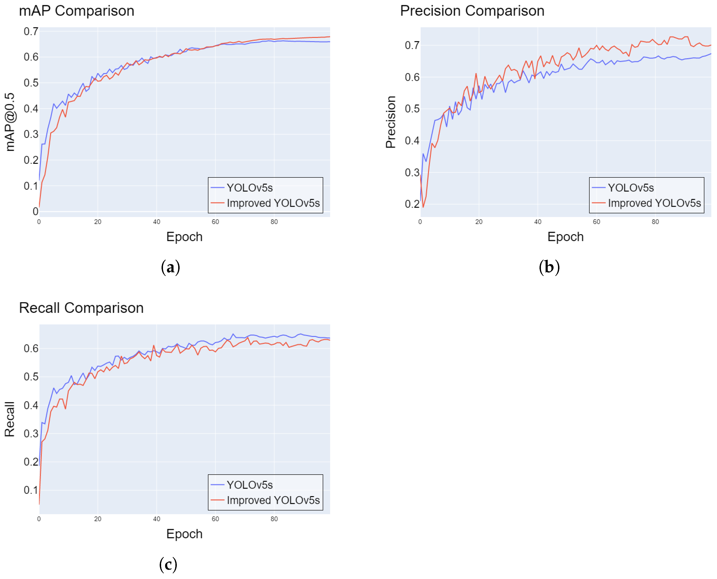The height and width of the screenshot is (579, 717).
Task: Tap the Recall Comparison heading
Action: pyautogui.click(x=81, y=307)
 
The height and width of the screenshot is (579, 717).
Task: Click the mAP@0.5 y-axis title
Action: pyautogui.click(x=10, y=122)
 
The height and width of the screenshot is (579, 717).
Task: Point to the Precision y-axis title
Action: pyautogui.click(x=391, y=122)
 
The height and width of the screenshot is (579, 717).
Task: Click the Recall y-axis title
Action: pyautogui.click(x=9, y=419)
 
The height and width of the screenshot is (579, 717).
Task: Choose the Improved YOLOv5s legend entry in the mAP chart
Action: pyautogui.click(x=273, y=203)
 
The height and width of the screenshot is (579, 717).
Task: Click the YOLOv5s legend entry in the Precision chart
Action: pyautogui.click(x=630, y=188)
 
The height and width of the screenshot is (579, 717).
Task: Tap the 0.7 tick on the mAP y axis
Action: pyautogui.click(x=31, y=31)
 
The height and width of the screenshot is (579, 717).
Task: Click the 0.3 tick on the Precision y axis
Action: pyautogui.click(x=412, y=172)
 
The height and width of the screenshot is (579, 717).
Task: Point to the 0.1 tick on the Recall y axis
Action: pyautogui.click(x=31, y=490)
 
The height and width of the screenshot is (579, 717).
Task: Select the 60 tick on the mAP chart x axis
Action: pyautogui.click(x=215, y=222)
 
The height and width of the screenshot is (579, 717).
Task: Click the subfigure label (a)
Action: pyautogui.click(x=170, y=267)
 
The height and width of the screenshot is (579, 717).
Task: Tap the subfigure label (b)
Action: pyautogui.click(x=549, y=267)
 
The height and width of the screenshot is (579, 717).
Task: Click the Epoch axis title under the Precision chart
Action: pyautogui.click(x=565, y=237)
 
